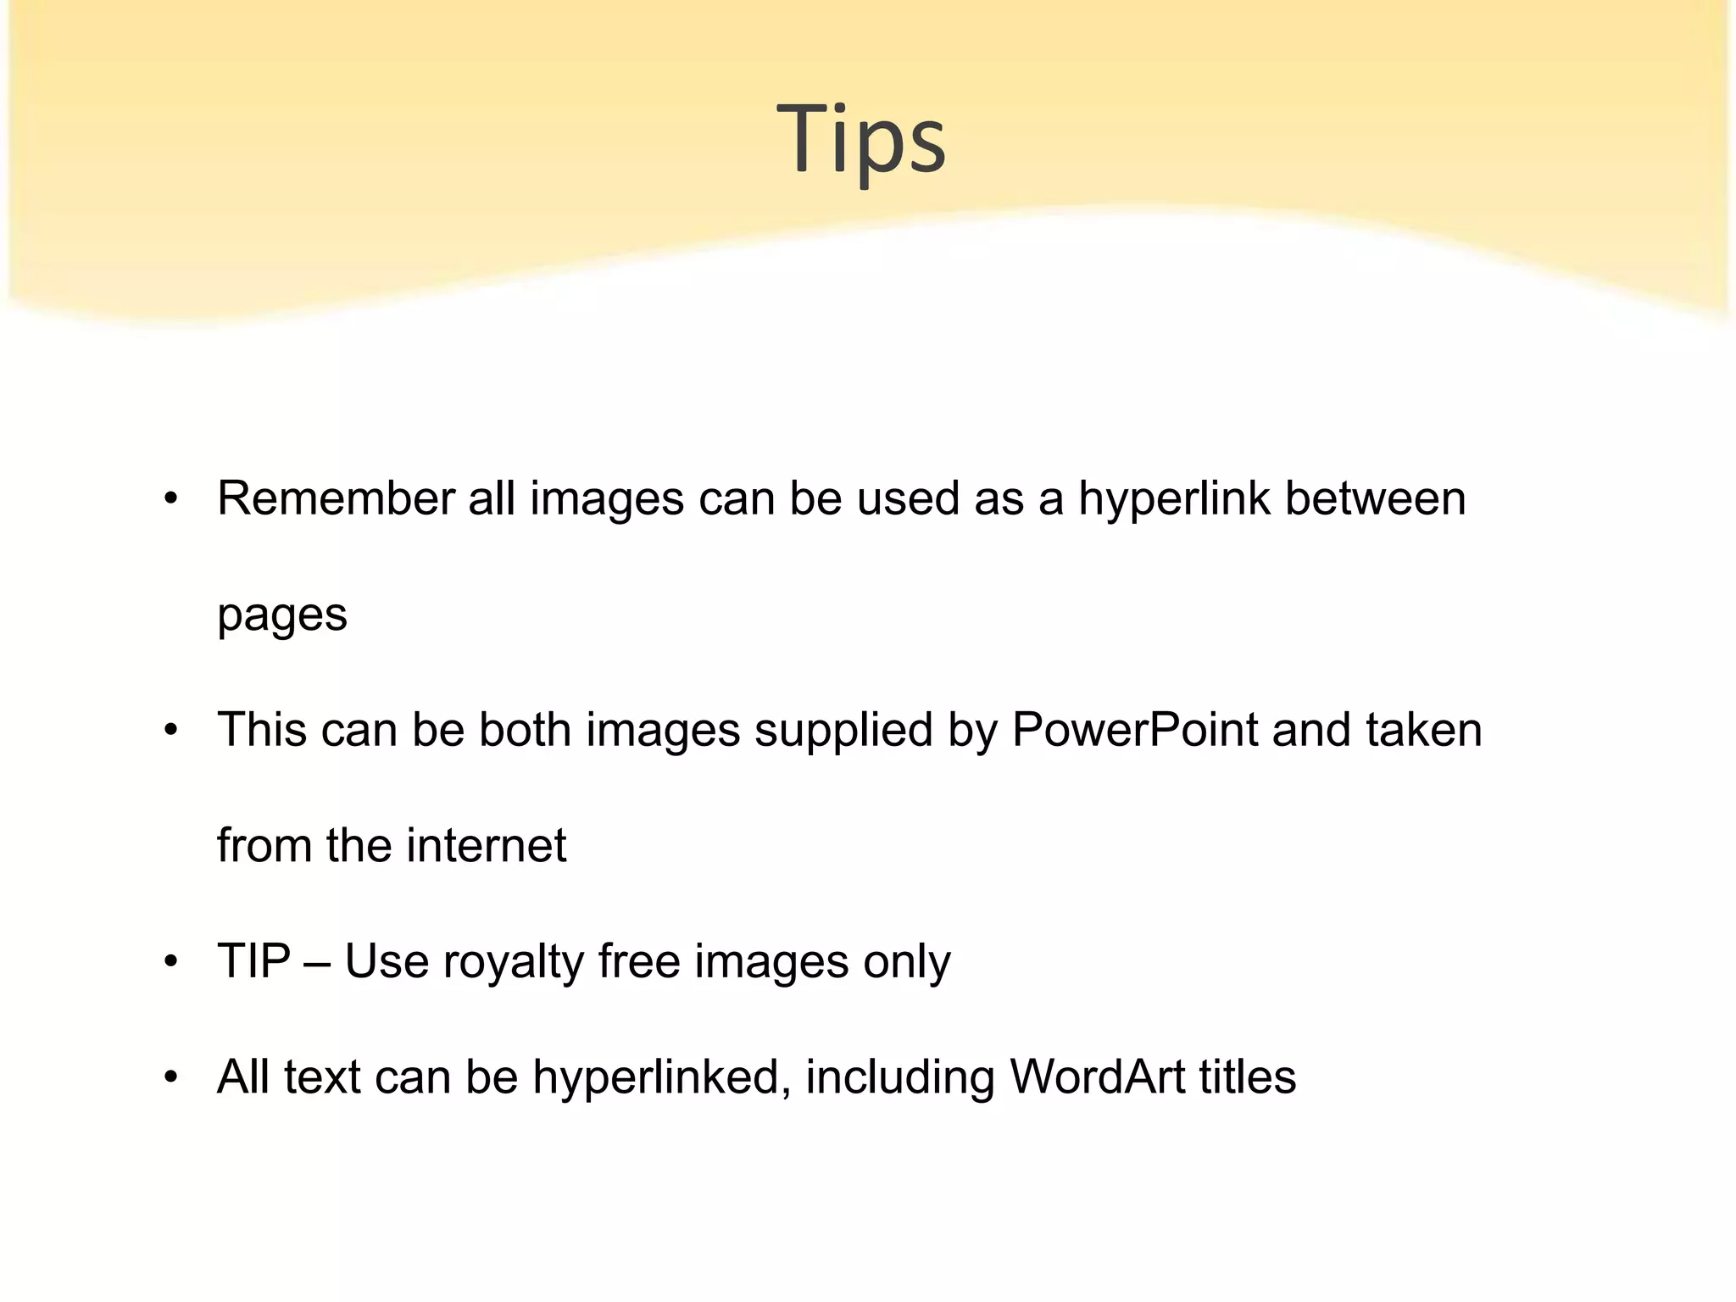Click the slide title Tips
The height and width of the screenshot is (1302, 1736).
pos(860,138)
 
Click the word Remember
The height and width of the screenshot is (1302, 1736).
pos(336,498)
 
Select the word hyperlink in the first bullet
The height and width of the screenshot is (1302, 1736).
pos(1174,498)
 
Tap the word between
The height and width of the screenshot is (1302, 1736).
pos(1375,498)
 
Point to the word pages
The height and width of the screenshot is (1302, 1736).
pos(281,616)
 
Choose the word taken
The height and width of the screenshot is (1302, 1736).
pos(1423,730)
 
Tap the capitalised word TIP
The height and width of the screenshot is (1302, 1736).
pos(253,961)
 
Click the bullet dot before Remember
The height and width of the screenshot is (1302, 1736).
pos(172,499)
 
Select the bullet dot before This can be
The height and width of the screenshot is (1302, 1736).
pos(172,731)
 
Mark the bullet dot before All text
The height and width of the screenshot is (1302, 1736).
pos(172,1078)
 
